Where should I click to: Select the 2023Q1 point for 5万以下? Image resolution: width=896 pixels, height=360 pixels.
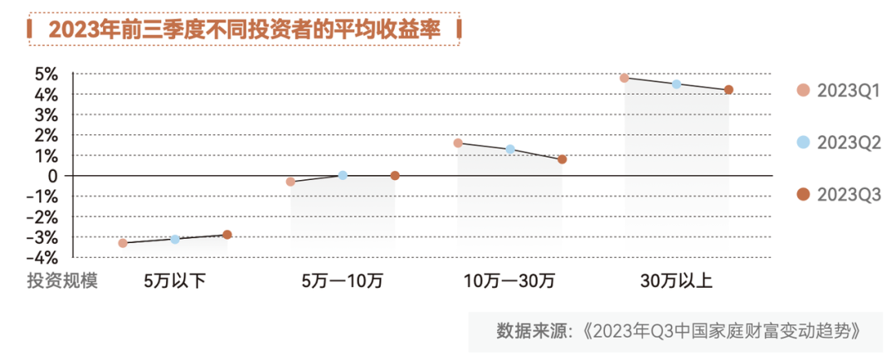[123, 243]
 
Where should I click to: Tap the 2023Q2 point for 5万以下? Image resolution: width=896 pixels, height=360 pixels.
[175, 239]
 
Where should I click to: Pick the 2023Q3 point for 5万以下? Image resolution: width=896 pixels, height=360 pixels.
[227, 235]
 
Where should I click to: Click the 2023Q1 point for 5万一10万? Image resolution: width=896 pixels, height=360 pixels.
[290, 182]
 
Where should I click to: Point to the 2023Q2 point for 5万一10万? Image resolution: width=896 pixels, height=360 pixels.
[343, 175]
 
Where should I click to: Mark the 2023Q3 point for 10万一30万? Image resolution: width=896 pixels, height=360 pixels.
[562, 159]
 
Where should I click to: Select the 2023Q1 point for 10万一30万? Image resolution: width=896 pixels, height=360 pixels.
[458, 143]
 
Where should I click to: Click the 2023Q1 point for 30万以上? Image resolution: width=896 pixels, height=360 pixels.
[625, 78]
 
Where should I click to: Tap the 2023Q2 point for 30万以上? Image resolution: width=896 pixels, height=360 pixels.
[676, 84]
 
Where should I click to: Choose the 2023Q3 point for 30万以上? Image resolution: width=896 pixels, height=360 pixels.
[728, 90]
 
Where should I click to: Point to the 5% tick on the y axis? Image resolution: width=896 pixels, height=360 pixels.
[46, 75]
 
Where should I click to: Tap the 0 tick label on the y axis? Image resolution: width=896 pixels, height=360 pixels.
[52, 176]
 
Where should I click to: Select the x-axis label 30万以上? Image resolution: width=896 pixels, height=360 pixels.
[676, 280]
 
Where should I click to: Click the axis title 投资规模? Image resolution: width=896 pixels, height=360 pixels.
[62, 280]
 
